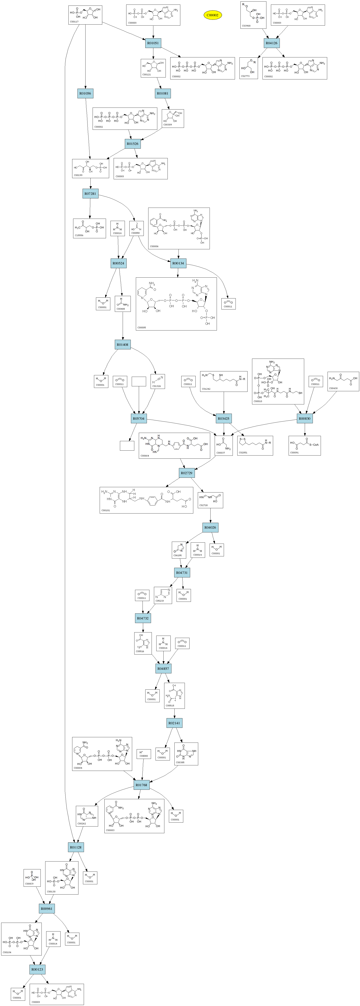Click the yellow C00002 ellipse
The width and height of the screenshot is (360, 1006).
[212, 15]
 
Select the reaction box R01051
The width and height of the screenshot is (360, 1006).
[153, 43]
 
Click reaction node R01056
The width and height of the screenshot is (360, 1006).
[85, 93]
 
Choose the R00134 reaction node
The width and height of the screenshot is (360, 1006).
[178, 263]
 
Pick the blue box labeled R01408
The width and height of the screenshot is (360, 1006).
[123, 344]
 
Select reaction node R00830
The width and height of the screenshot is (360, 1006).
[305, 418]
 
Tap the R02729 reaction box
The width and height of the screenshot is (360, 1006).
[186, 473]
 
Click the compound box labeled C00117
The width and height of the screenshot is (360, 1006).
[85, 15]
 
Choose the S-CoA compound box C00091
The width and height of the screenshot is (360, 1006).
[305, 445]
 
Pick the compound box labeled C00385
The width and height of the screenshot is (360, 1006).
[186, 754]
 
